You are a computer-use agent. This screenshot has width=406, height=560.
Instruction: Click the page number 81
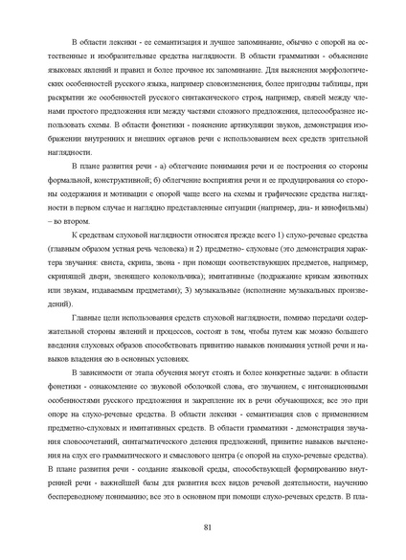(x=207, y=527)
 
